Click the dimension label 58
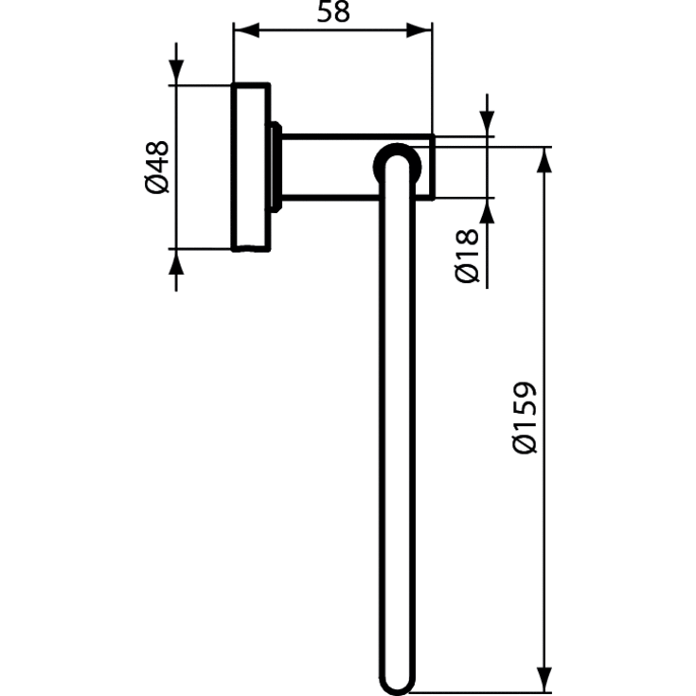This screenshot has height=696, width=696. pyautogui.click(x=330, y=13)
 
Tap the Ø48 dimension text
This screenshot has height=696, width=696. pyautogui.click(x=157, y=167)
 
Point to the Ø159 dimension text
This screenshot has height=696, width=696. pyautogui.click(x=524, y=418)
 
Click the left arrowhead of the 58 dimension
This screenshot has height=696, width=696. pyautogui.click(x=243, y=30)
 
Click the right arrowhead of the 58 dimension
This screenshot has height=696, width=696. pyautogui.click(x=421, y=30)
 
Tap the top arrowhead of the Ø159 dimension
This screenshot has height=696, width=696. pyautogui.click(x=544, y=158)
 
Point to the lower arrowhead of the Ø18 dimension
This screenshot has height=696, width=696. pyautogui.click(x=488, y=209)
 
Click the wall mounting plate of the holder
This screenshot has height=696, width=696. pyautogui.click(x=251, y=168)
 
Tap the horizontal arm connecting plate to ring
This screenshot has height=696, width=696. pyautogui.click(x=331, y=168)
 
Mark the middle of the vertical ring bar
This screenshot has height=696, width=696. pyautogui.click(x=398, y=417)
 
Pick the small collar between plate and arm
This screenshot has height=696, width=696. pyautogui.click(x=276, y=168)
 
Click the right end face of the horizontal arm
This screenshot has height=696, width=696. pyautogui.click(x=432, y=168)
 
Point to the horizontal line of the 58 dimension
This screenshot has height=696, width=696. pyautogui.click(x=332, y=30)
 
